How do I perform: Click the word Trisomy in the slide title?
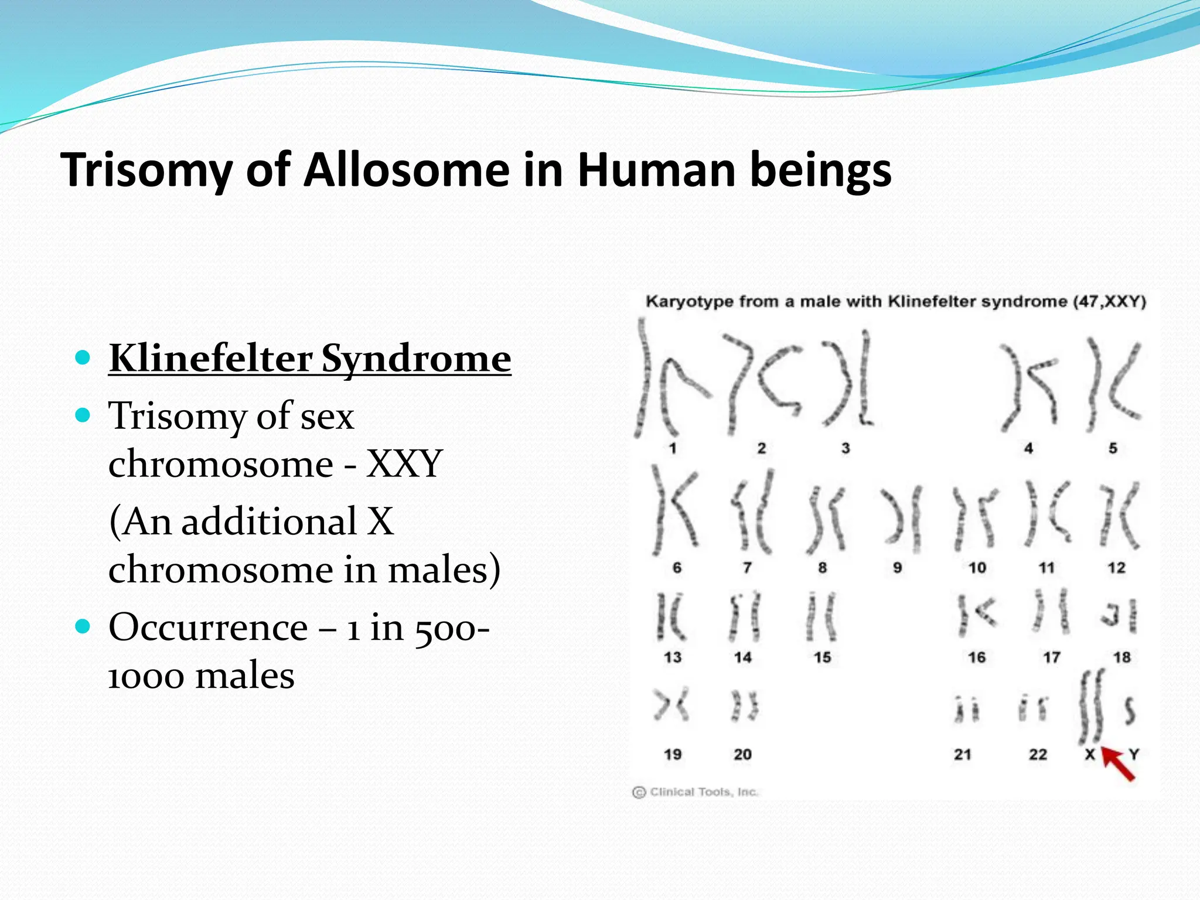pos(146,170)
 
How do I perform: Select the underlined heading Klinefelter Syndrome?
pos(309,358)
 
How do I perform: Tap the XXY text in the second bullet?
pos(404,464)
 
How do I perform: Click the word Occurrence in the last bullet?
pos(208,628)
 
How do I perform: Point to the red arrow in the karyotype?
pos(1118,763)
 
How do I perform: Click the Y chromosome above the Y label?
pos(1129,710)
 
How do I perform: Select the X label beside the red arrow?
pos(1089,755)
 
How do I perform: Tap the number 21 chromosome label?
pos(963,755)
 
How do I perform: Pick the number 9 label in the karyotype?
pos(897,568)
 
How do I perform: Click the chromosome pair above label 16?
pos(976,615)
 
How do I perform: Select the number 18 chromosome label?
pos(1121,657)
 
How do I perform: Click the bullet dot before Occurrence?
pos(83,627)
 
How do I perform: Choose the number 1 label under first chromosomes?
pos(673,449)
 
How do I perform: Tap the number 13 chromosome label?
pos(673,657)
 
